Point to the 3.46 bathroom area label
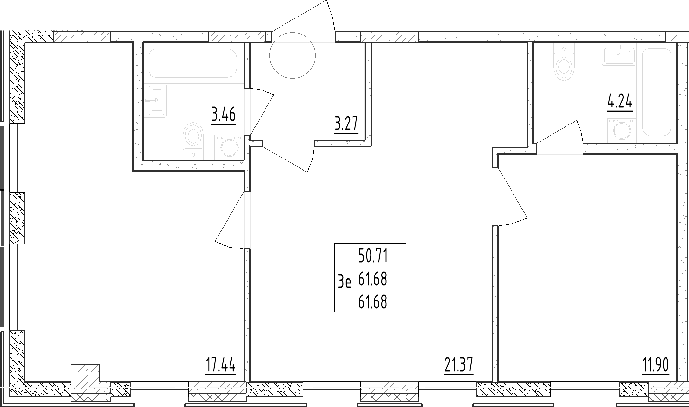(x=224, y=115)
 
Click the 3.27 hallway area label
(x=346, y=124)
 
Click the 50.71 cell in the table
(x=372, y=256)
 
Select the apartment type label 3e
(x=344, y=282)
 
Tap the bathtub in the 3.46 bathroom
(x=193, y=63)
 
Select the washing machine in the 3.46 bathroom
(x=230, y=148)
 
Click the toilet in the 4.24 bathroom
(x=564, y=62)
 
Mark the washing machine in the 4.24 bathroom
(x=622, y=131)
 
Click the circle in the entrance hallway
(x=293, y=55)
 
